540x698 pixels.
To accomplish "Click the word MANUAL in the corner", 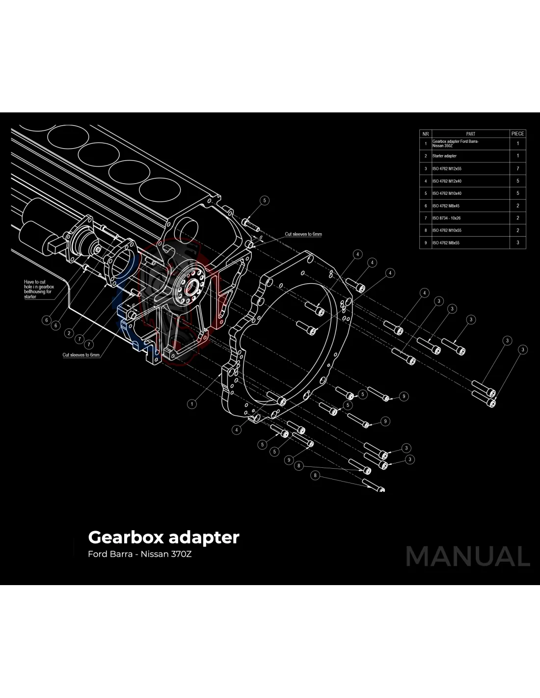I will pyautogui.click(x=468, y=556).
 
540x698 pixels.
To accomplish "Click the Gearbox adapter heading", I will pyautogui.click(x=163, y=537).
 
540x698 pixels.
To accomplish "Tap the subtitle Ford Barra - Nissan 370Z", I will pyautogui.click(x=139, y=554).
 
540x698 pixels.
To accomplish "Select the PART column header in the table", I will pyautogui.click(x=470, y=134).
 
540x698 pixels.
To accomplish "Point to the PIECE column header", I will pyautogui.click(x=517, y=134).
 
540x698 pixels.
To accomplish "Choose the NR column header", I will pyautogui.click(x=426, y=134).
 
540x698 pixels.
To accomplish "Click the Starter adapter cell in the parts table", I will pyautogui.click(x=444, y=156).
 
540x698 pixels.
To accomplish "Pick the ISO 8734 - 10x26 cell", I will pyautogui.click(x=446, y=218).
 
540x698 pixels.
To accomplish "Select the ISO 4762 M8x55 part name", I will pyautogui.click(x=446, y=242).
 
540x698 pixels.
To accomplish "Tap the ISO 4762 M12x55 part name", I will pyautogui.click(x=447, y=168).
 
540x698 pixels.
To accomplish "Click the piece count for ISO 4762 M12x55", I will pyautogui.click(x=517, y=168).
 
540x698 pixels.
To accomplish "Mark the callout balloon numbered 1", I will pyautogui.click(x=192, y=404).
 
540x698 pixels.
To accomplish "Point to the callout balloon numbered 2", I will pyautogui.click(x=69, y=333).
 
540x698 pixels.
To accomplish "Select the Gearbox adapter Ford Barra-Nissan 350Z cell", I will pyautogui.click(x=455, y=143).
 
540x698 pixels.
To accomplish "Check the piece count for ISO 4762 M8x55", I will pyautogui.click(x=517, y=242).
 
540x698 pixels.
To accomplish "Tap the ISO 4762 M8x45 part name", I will pyautogui.click(x=446, y=206).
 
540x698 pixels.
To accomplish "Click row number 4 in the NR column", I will pyautogui.click(x=426, y=181).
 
